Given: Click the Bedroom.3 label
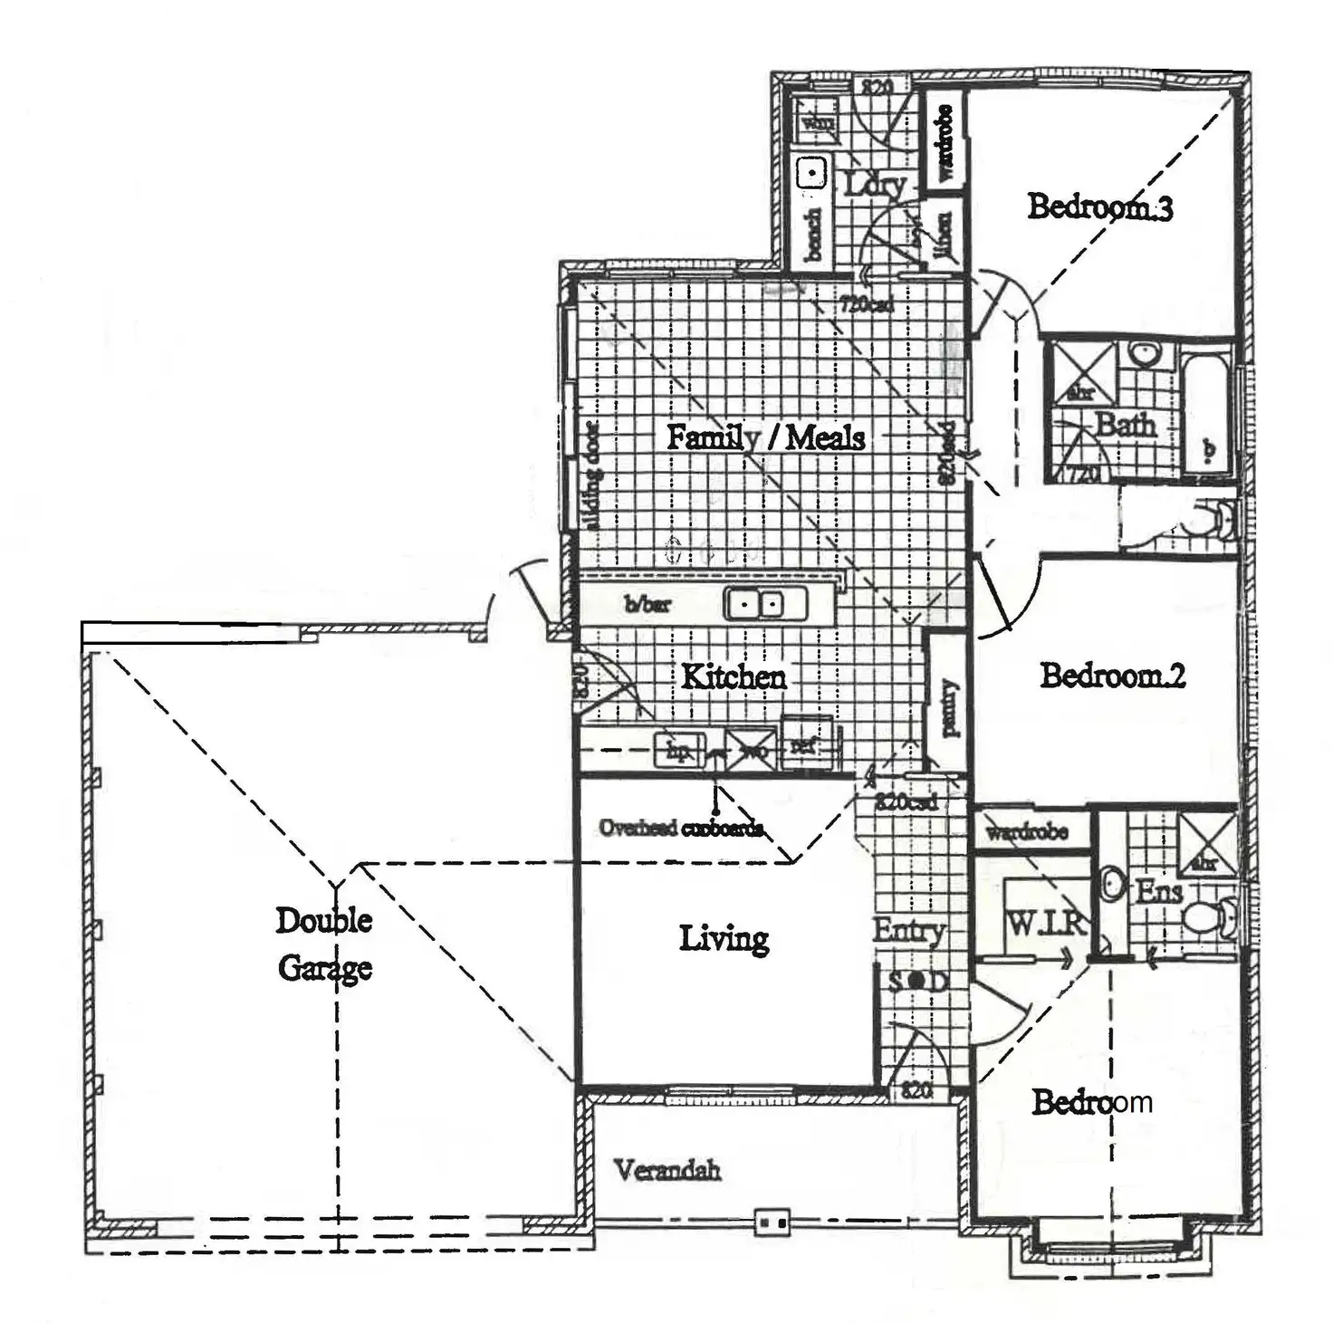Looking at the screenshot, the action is point(1099,206).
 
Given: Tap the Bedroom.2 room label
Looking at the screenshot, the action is point(1112,675).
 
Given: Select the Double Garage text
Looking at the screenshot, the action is point(324,944).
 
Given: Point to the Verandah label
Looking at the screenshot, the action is point(667,1170).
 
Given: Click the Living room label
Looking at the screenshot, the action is point(724,938).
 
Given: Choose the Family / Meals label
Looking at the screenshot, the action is point(765,437).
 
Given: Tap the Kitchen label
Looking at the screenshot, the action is point(734,676).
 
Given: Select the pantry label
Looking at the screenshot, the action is point(949,708).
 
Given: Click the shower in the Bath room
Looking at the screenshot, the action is point(1080,371).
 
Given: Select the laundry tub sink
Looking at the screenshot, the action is point(811,171).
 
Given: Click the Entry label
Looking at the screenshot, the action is point(908,930).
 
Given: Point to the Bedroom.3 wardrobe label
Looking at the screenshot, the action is point(945,142).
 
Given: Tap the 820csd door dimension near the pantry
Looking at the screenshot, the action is point(906,801).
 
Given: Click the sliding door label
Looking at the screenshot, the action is point(592,476).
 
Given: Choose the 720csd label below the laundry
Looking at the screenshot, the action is point(866,304).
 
